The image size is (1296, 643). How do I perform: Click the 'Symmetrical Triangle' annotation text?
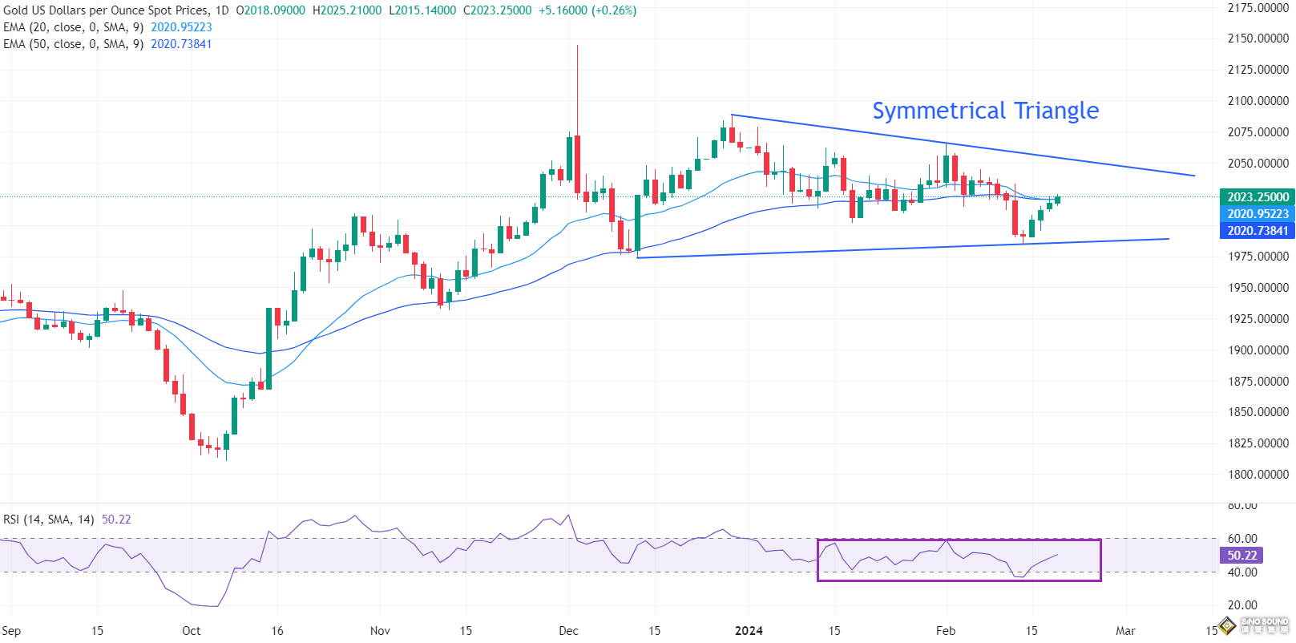pyautogui.click(x=985, y=111)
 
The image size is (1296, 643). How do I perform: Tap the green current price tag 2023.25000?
pyautogui.click(x=1257, y=197)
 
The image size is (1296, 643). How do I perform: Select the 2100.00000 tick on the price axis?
pyautogui.click(x=1258, y=101)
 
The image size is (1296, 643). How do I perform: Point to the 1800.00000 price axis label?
pyautogui.click(x=1258, y=475)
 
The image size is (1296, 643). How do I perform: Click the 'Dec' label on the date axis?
pyautogui.click(x=568, y=631)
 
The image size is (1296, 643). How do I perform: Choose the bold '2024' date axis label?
pyautogui.click(x=749, y=631)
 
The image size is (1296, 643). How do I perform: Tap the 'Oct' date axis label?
pyautogui.click(x=191, y=631)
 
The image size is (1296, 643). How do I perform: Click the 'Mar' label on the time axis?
pyautogui.click(x=1125, y=631)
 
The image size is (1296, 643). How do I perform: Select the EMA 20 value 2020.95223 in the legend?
pyautogui.click(x=181, y=27)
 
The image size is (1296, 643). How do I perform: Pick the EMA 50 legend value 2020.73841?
pyautogui.click(x=181, y=44)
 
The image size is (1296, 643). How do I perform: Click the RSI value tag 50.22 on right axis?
pyautogui.click(x=1241, y=556)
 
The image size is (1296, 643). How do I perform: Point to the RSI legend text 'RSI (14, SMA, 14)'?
pyautogui.click(x=49, y=520)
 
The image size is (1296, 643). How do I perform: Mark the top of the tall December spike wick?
pyautogui.click(x=577, y=47)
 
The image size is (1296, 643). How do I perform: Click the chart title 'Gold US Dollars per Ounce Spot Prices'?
pyautogui.click(x=106, y=10)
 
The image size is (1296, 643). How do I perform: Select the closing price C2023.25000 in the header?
pyautogui.click(x=497, y=10)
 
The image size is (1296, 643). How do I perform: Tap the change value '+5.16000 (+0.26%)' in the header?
pyautogui.click(x=587, y=10)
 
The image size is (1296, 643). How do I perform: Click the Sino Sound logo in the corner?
pyautogui.click(x=1254, y=625)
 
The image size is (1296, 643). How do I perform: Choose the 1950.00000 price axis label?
pyautogui.click(x=1258, y=288)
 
